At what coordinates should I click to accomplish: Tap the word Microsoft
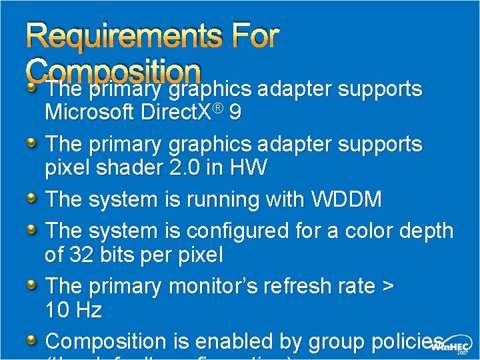click(x=89, y=113)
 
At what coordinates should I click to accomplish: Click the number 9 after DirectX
click(x=235, y=113)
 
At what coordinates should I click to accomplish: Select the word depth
click(x=425, y=231)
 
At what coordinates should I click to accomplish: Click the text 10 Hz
click(x=73, y=310)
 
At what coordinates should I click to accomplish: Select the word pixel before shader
click(x=67, y=168)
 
